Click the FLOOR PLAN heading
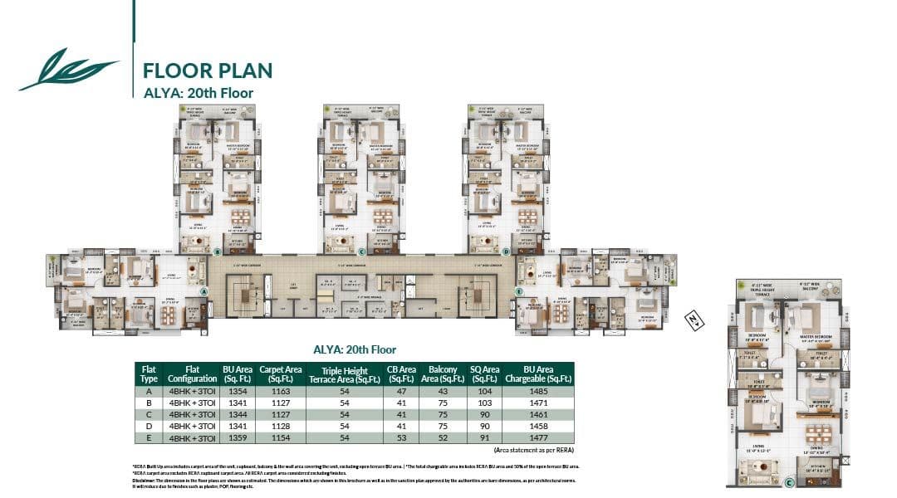[x=207, y=70]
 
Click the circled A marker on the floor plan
[x=203, y=290]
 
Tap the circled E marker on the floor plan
[x=518, y=291]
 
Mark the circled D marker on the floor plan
[x=505, y=250]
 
